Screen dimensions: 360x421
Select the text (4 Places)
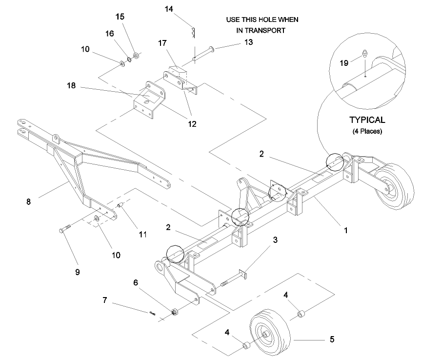366,132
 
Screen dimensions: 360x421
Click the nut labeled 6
174,311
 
